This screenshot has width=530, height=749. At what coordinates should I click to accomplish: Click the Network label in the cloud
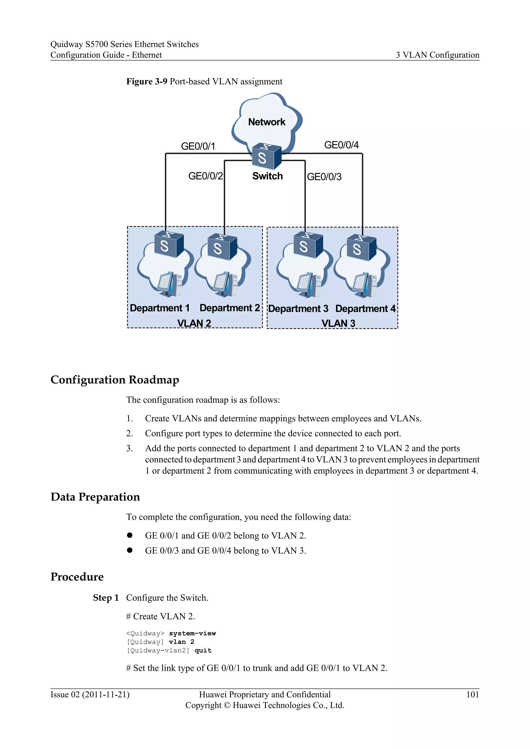click(267, 122)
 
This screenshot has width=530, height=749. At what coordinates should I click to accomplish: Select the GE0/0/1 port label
click(198, 146)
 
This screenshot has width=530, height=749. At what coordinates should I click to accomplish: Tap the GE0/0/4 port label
click(341, 145)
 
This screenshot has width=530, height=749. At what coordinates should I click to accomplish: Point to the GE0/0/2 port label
click(205, 176)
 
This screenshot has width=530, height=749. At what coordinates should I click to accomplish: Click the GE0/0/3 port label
click(324, 177)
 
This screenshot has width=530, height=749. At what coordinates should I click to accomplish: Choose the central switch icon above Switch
click(267, 156)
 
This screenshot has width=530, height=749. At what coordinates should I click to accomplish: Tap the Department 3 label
click(298, 309)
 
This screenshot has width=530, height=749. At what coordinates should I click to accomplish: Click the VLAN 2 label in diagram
click(194, 323)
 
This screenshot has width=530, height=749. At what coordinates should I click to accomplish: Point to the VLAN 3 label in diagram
click(338, 323)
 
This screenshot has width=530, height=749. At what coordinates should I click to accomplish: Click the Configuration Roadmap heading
click(115, 380)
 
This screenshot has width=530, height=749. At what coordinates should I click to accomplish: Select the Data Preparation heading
click(95, 497)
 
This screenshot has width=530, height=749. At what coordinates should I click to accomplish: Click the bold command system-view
click(192, 633)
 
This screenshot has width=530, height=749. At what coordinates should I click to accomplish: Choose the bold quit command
click(203, 650)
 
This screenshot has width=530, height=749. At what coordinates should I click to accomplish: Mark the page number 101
click(472, 694)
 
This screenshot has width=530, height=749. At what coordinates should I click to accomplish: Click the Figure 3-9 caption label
click(147, 81)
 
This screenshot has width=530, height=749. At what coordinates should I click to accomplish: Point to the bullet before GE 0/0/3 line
click(130, 550)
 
